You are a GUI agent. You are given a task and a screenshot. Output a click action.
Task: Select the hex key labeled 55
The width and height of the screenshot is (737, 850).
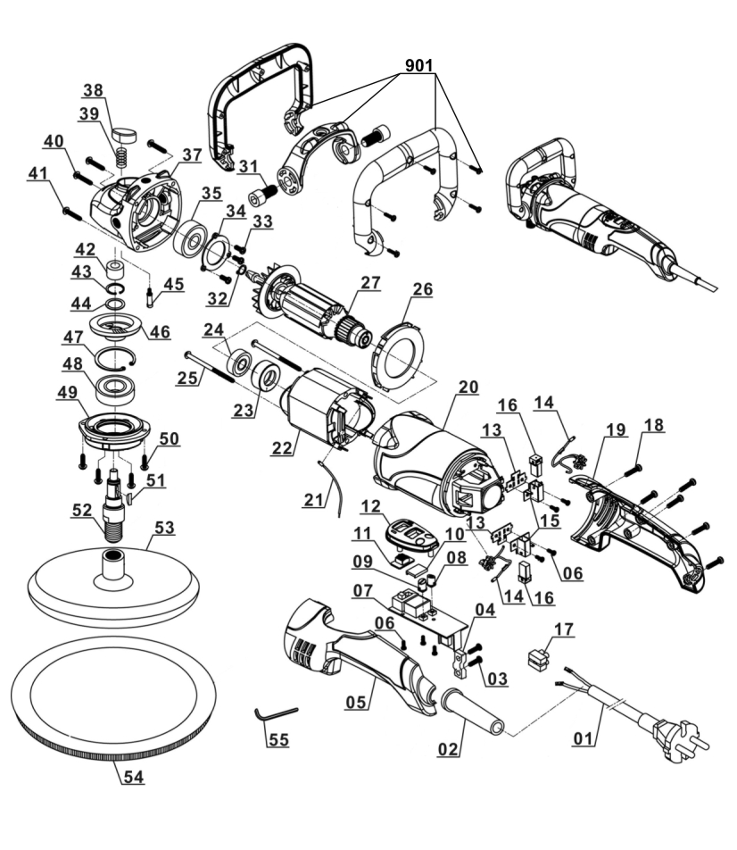pyautogui.click(x=274, y=713)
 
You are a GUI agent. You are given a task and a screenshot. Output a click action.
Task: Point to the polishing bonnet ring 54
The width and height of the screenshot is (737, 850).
pyautogui.click(x=114, y=746)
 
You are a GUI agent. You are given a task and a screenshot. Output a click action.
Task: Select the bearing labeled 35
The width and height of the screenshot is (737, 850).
pyautogui.click(x=190, y=239)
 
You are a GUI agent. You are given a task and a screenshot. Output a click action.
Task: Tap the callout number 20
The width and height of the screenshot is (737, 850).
pyautogui.click(x=468, y=387)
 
